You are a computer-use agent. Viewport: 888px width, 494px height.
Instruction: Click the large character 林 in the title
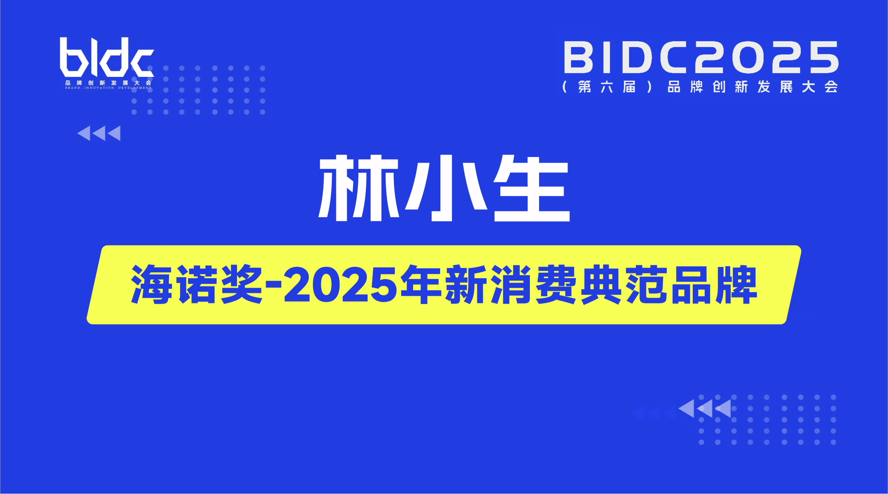359,187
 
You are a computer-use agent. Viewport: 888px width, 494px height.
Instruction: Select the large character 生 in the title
532,188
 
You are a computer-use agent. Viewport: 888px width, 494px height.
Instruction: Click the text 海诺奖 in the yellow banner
197,284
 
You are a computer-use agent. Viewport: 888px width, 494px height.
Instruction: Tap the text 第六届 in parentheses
607,87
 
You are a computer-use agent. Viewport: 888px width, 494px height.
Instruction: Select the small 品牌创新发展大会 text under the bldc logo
108,83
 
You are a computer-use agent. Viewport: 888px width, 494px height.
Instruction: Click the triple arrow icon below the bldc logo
99,133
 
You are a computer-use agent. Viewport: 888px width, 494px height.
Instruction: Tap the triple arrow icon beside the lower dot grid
704,409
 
